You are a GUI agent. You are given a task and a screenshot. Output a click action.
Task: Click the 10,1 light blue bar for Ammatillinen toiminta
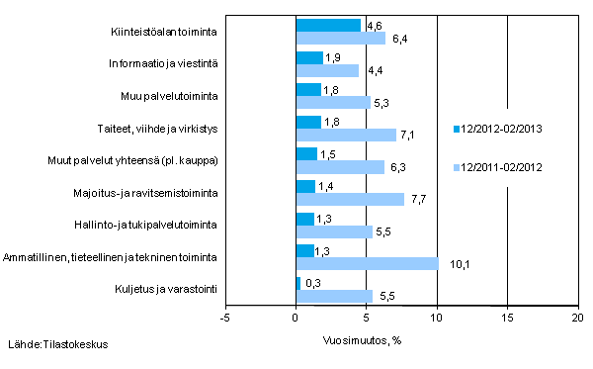367,263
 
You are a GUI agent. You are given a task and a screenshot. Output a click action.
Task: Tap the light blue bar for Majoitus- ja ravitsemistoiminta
350,199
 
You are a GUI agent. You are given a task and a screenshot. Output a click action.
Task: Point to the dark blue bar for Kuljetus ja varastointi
298,283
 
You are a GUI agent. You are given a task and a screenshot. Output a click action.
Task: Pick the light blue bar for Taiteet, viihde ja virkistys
346,135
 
